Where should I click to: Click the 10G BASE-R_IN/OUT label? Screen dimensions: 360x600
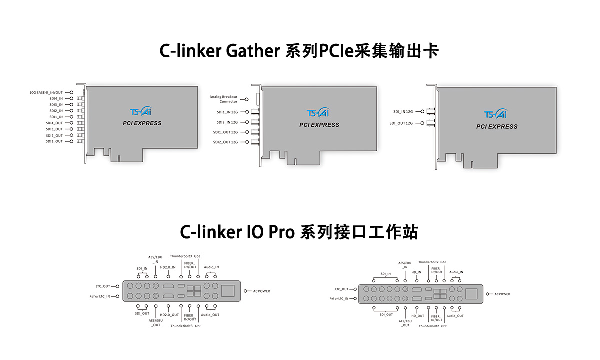pos(46,92)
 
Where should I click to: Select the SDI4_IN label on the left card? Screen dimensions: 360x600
pos(56,98)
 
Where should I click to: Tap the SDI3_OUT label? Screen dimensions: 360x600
pos(54,129)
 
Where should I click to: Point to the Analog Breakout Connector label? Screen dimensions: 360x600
pos(223,99)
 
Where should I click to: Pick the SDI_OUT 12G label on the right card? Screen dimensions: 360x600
pos(401,123)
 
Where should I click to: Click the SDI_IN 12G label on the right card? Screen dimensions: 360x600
pos(403,112)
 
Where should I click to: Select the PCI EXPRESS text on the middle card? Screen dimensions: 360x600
pos(319,125)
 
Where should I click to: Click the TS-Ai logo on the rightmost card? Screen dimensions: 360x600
pos(496,114)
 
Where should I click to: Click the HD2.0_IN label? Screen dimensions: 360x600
pos(168,267)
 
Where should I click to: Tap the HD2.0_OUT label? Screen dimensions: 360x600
pos(169,315)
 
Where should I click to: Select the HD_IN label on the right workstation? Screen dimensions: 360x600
pos(416,272)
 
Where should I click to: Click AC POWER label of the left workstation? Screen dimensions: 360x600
pos(261,291)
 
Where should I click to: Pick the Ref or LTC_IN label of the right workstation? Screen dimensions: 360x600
pos(341,299)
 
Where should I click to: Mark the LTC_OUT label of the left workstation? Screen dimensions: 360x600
pos(103,286)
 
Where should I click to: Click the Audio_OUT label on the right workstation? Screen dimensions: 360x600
pos(455,316)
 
